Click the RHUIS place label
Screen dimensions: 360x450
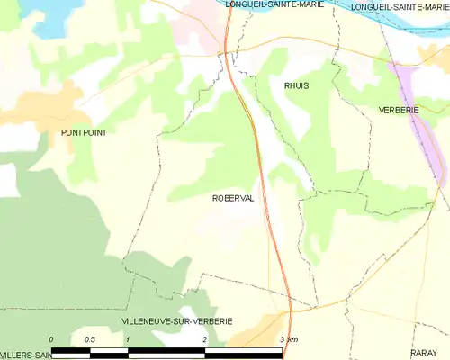(296, 85)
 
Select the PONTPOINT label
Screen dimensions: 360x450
(83, 132)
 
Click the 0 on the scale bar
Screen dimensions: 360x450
(52, 339)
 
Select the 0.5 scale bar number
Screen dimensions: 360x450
(90, 339)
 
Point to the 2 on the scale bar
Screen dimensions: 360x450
(205, 339)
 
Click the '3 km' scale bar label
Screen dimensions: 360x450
(288, 339)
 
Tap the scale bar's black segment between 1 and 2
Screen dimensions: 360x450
(166, 350)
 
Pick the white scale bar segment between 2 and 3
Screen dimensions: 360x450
(243, 350)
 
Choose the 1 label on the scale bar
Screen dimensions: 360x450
(129, 339)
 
